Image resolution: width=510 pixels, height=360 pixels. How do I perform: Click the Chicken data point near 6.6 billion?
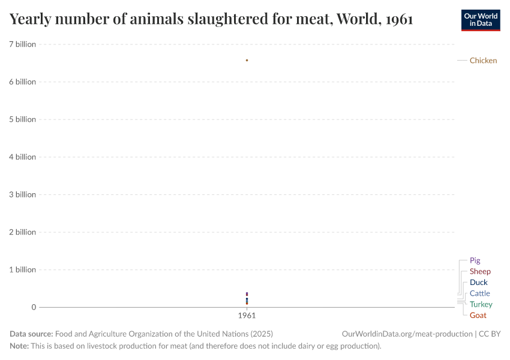tap(247, 60)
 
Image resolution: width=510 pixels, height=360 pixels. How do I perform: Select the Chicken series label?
tap(483, 60)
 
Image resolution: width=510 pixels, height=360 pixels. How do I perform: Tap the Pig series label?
tap(475, 260)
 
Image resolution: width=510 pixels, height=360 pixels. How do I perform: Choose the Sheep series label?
tap(480, 271)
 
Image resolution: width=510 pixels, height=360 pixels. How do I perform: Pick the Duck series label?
tap(478, 282)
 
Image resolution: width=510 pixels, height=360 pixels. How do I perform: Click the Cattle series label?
tap(479, 293)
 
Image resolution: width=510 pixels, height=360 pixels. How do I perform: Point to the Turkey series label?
tap(481, 304)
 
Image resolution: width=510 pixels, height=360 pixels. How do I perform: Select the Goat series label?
tap(478, 315)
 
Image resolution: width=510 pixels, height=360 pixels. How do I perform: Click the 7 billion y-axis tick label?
tap(22, 44)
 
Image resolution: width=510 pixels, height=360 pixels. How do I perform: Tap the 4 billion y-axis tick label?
tap(22, 157)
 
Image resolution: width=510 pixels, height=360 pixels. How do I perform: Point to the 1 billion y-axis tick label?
tap(22, 269)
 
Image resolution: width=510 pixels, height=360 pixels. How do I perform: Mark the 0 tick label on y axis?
tap(34, 307)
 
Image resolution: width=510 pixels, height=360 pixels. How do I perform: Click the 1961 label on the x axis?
tap(247, 315)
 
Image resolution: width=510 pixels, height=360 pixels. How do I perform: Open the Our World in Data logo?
tap(480, 20)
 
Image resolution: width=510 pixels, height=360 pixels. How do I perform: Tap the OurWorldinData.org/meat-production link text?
tap(406, 334)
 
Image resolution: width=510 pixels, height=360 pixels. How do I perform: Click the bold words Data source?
tap(31, 334)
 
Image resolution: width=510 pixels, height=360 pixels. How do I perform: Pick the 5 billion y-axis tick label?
tap(22, 119)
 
